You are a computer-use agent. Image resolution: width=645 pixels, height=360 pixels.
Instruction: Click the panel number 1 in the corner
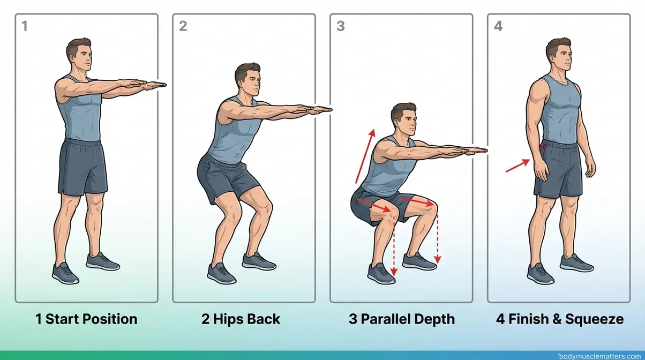pyautogui.click(x=25, y=26)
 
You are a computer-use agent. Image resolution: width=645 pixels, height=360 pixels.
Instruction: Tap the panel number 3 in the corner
pyautogui.click(x=340, y=26)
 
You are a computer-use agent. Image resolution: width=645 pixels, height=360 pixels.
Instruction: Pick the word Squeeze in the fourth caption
pyautogui.click(x=597, y=319)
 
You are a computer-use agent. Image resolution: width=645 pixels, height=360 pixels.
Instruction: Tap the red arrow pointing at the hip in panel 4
pyautogui.click(x=517, y=166)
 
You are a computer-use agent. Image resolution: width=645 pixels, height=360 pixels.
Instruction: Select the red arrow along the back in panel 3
pyautogui.click(x=363, y=155)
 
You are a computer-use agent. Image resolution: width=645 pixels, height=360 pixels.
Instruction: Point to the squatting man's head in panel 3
pyautogui.click(x=403, y=121)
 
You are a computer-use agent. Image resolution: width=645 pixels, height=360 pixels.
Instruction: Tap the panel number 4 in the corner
pyautogui.click(x=498, y=26)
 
